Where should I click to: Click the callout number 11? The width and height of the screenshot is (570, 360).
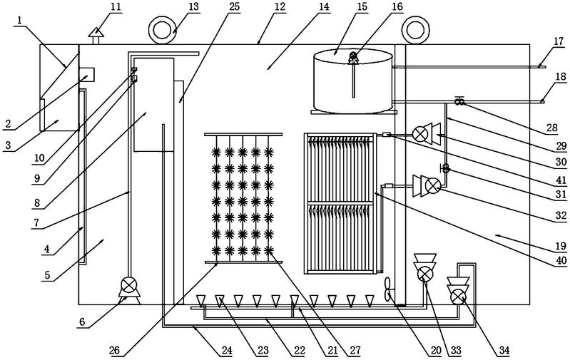pos(116,7)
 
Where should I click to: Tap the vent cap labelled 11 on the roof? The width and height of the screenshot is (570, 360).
pos(96,36)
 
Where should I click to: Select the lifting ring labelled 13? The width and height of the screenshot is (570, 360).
pos(163,30)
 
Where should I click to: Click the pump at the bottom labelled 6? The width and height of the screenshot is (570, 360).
pos(128,287)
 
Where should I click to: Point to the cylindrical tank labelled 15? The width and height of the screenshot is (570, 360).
pos(352,81)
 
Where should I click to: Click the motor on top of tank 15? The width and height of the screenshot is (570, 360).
pos(353,58)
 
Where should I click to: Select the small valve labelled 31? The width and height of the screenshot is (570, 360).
pos(445,168)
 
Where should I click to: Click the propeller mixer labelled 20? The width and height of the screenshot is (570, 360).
pos(388,289)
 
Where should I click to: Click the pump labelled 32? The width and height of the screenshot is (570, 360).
pos(427,186)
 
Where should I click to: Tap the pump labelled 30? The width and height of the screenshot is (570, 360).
pos(427,134)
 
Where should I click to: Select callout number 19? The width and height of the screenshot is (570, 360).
pos(561,246)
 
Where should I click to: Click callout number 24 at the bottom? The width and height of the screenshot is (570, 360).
pos(227,351)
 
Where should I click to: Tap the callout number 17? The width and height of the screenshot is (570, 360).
pos(559,41)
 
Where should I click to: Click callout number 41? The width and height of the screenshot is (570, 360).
pos(561,179)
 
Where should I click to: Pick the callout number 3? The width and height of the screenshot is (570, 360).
pos(8,145)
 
